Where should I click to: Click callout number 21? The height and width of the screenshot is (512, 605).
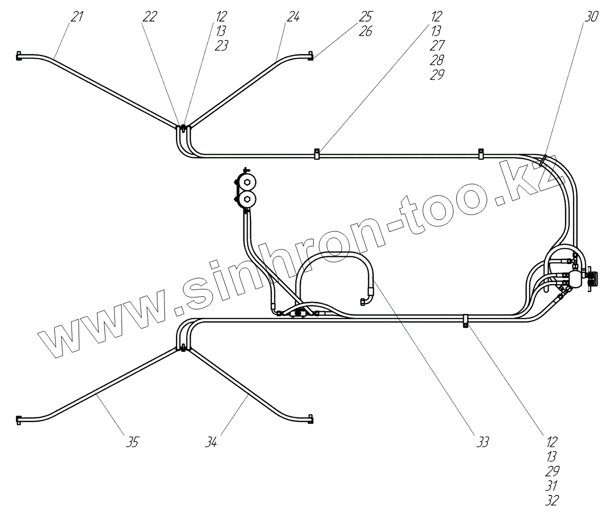pyautogui.click(x=76, y=17)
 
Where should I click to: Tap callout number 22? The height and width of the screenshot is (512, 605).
pyautogui.click(x=150, y=17)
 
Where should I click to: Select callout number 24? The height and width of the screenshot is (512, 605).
pyautogui.click(x=293, y=17)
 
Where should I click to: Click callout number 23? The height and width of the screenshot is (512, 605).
pyautogui.click(x=221, y=46)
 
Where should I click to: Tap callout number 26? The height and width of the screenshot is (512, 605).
pyautogui.click(x=366, y=31)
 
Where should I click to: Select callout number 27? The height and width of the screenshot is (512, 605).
pyautogui.click(x=437, y=46)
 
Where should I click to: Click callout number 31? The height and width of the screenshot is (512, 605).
pyautogui.click(x=552, y=485)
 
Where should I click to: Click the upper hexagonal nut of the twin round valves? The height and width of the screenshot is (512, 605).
pyautogui.click(x=247, y=182)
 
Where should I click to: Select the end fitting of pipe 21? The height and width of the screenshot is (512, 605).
pyautogui.click(x=19, y=55)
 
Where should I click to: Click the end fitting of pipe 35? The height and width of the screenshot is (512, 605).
pyautogui.click(x=19, y=418)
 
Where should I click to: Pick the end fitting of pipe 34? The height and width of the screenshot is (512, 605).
pyautogui.click(x=311, y=418)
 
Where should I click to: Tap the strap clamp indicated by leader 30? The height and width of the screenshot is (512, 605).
pyautogui.click(x=542, y=162)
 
